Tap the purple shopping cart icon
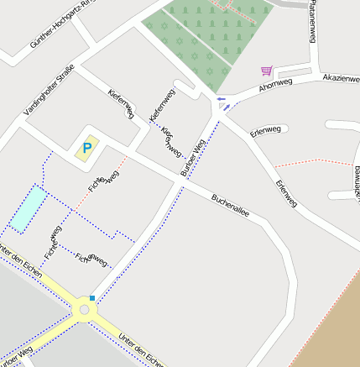click(x=266, y=71)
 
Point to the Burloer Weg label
click(x=193, y=159)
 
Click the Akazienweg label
click(x=342, y=76)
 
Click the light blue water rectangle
click(x=28, y=209)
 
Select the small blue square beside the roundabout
click(x=92, y=298)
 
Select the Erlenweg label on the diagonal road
click(x=286, y=193)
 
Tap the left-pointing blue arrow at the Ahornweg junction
click(x=221, y=99)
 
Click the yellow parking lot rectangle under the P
click(x=86, y=151)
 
